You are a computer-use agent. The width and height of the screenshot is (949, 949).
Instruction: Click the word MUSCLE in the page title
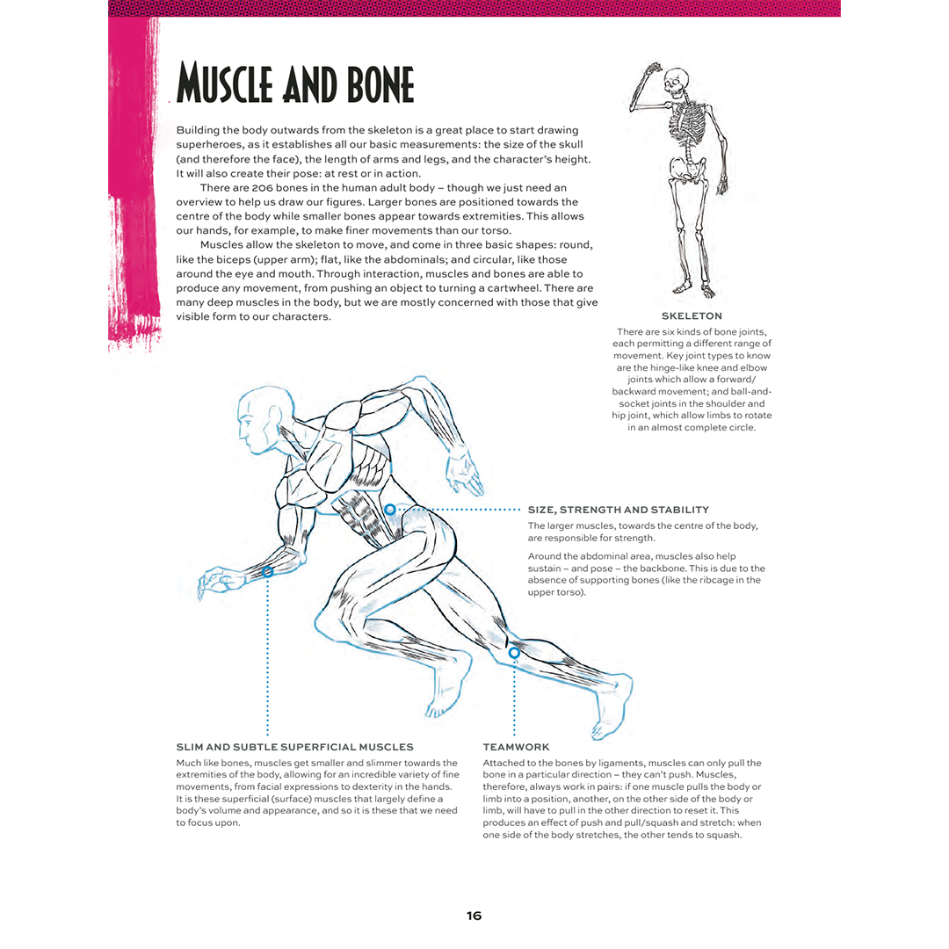pyautogui.click(x=229, y=84)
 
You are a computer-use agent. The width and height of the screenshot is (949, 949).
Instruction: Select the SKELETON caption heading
pyautogui.click(x=692, y=315)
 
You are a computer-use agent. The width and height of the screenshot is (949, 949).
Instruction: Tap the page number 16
pyautogui.click(x=474, y=916)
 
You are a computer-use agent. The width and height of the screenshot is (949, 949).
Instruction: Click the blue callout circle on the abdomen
pyautogui.click(x=390, y=510)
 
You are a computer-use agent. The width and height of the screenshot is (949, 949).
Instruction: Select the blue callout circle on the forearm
pyautogui.click(x=267, y=572)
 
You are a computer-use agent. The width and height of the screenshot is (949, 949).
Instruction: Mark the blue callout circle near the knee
pyautogui.click(x=514, y=653)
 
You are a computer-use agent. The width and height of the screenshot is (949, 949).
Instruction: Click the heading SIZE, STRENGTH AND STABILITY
pyautogui.click(x=618, y=510)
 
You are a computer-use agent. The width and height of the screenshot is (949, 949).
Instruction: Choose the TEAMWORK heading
pyautogui.click(x=517, y=747)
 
